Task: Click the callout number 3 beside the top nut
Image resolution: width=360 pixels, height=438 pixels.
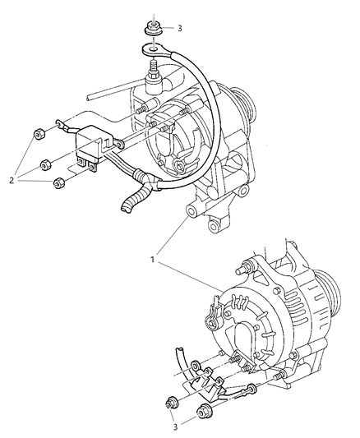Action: (x=179, y=28)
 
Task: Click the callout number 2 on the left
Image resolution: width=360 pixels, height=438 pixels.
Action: (x=12, y=181)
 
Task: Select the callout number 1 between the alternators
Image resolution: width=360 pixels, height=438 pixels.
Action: (x=153, y=260)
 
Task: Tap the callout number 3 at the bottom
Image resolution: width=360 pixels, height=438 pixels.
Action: (x=175, y=426)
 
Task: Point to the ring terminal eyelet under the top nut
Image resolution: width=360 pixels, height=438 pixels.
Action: (x=152, y=50)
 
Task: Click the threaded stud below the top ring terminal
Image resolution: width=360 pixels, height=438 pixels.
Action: (x=154, y=67)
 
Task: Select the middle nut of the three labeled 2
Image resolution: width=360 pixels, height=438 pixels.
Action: (x=45, y=165)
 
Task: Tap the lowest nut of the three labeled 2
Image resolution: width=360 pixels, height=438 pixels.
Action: (x=59, y=183)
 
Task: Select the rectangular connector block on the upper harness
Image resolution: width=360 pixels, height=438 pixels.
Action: (x=90, y=146)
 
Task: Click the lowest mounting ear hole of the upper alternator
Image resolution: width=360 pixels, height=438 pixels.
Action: (x=215, y=226)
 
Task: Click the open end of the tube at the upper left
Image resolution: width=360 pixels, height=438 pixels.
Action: (x=89, y=98)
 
